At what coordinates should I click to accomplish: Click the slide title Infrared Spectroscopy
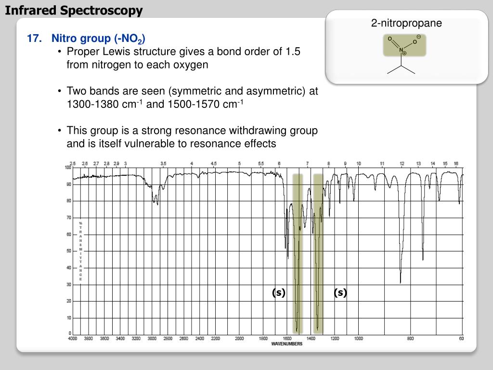click(74, 10)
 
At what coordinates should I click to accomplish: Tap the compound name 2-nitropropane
click(406, 23)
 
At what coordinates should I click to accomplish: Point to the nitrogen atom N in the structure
click(401, 50)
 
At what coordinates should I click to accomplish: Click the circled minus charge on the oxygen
click(419, 37)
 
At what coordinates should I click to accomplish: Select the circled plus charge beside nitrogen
click(405, 53)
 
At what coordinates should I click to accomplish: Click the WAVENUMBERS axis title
click(287, 344)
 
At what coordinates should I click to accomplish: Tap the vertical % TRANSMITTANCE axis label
click(81, 251)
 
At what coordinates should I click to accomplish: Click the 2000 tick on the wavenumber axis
click(239, 338)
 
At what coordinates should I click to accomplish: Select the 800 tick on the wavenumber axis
click(410, 338)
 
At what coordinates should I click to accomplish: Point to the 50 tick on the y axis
click(68, 251)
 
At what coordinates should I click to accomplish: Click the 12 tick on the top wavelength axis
click(402, 164)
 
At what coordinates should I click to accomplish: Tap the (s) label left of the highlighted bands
click(278, 292)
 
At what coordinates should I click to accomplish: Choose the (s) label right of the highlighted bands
click(340, 292)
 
